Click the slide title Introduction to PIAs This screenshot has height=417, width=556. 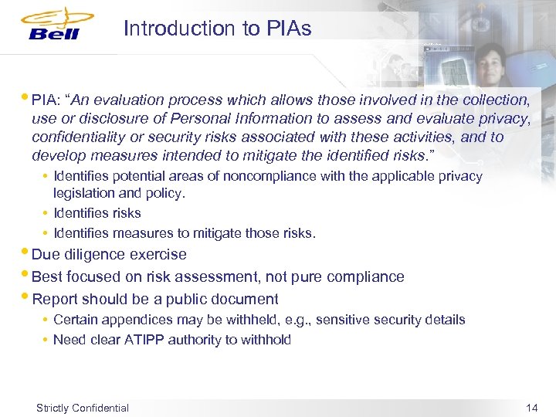coord(217,29)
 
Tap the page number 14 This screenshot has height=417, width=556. coord(531,407)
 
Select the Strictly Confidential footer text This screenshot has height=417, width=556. coord(83,408)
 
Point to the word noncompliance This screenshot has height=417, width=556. coord(286,176)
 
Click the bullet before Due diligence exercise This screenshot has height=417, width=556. coord(27,252)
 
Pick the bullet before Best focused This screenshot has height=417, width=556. coord(27,274)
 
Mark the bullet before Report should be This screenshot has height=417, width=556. coord(27,297)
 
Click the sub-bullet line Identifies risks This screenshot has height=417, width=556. coord(97,213)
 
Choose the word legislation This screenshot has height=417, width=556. coord(85,193)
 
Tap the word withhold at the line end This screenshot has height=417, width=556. coord(266,340)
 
